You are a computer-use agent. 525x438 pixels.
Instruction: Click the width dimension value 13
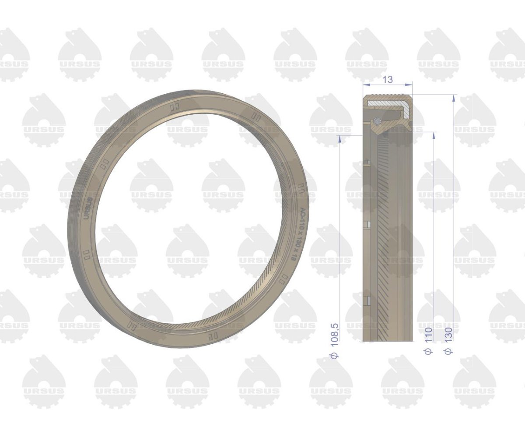point(387,79)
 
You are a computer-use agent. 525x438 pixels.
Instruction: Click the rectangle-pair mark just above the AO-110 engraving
point(301,187)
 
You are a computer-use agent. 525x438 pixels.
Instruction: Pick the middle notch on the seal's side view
point(367,225)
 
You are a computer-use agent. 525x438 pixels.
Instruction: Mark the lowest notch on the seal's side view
point(367,300)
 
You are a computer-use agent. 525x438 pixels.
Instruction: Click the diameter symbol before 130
point(448,350)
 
